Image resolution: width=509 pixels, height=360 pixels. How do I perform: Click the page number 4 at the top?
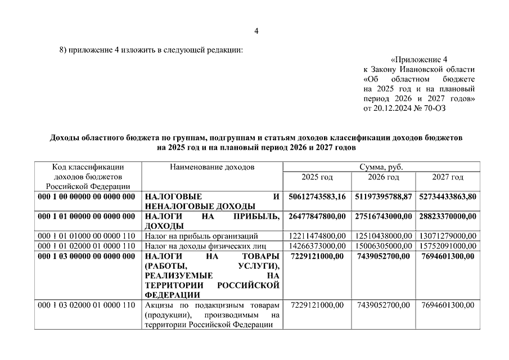pos(256,31)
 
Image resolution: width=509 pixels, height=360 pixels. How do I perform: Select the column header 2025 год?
pos(317,177)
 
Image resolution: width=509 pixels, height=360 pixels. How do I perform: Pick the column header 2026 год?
pos(384,177)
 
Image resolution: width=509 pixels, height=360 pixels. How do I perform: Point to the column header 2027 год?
pos(448,177)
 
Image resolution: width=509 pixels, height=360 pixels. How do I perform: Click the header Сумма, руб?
pos(382,167)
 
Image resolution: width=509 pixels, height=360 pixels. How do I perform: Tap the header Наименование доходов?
pos(211,167)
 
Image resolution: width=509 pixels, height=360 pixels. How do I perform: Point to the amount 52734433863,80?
pos(448,196)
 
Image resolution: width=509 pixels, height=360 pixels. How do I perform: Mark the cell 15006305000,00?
pos(384,246)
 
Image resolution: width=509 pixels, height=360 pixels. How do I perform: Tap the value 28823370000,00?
pos(448,216)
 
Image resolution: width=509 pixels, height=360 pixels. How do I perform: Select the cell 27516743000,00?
pos(384,216)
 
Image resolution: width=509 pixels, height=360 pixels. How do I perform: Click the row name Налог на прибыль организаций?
pos(201,236)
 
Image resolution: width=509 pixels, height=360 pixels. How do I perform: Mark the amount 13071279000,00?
pos(448,236)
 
